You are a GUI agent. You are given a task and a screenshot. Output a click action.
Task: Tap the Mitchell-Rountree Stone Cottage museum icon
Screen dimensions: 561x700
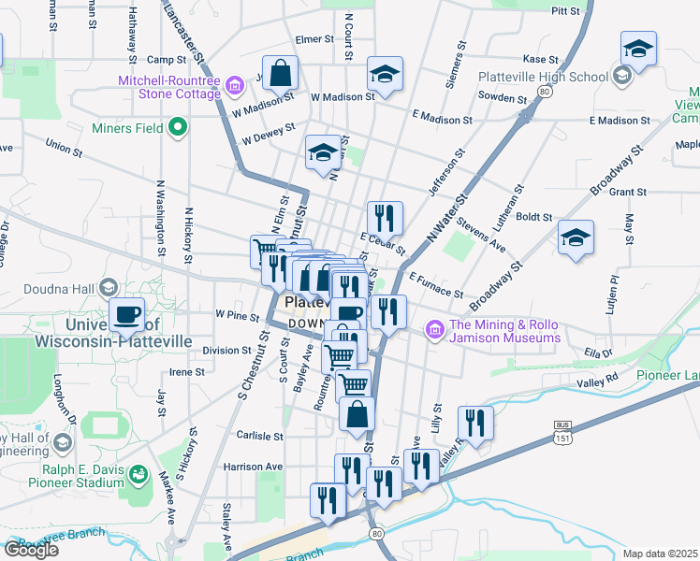234,87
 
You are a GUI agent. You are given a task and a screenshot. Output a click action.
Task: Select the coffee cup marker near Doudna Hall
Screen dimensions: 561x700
127,315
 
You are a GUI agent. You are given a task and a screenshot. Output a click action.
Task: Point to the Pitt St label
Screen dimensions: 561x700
566,11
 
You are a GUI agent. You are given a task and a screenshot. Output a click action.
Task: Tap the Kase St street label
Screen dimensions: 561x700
540,58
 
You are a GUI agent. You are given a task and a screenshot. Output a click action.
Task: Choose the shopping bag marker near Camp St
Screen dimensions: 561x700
280,71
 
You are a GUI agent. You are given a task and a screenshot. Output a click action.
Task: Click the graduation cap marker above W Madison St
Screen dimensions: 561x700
385,73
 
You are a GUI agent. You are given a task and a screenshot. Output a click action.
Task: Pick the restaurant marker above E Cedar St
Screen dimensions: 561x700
385,219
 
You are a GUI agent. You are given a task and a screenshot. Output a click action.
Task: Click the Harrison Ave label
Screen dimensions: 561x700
253,466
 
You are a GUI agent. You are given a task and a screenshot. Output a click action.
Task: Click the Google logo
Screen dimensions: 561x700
30,550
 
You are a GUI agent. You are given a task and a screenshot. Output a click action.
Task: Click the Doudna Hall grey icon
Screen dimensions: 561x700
109,286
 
